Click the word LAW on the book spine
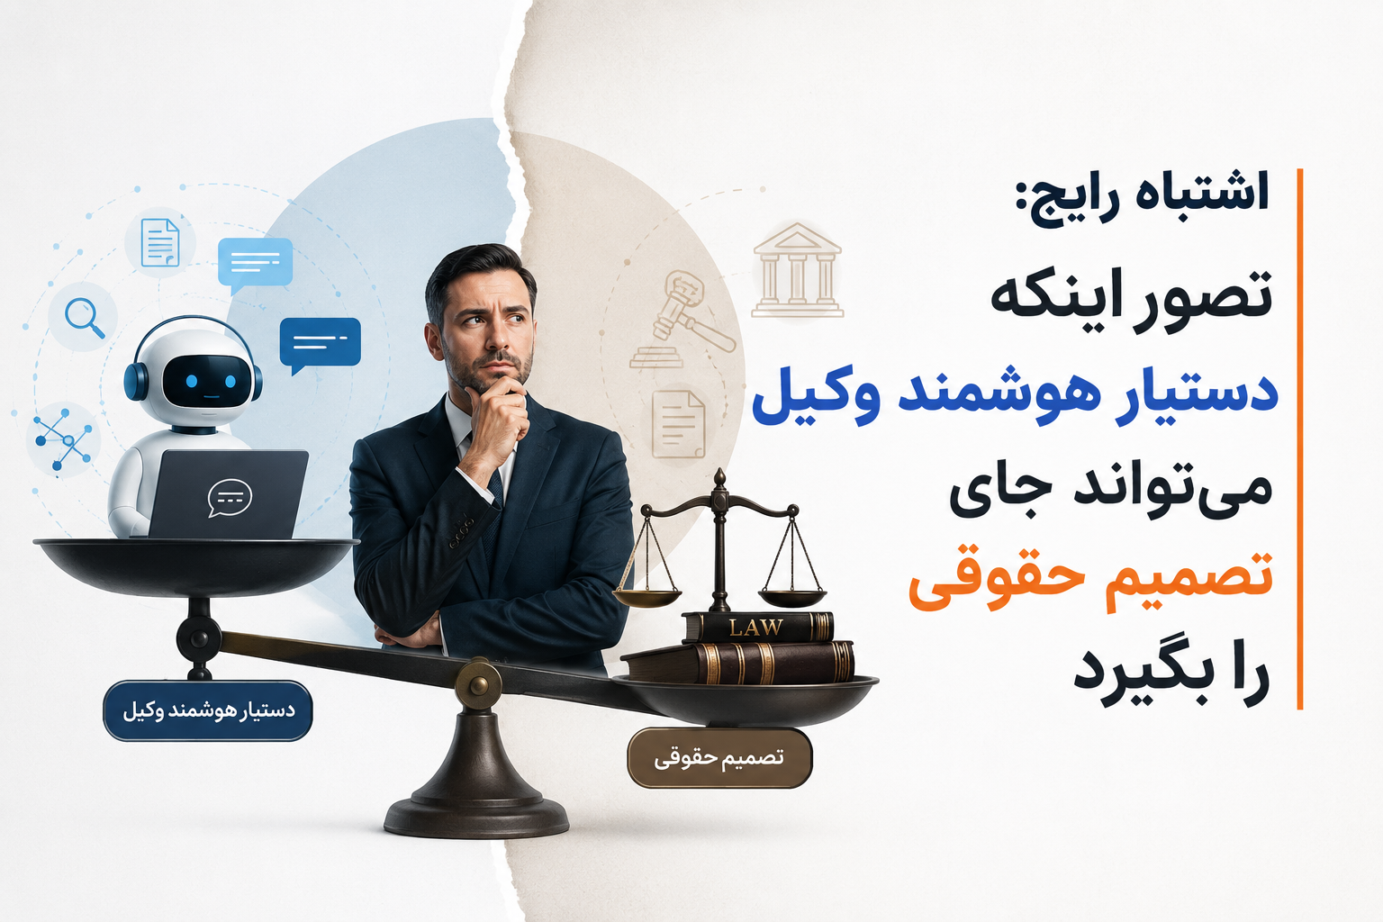coord(755,628)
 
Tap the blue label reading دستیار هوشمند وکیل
coord(208,710)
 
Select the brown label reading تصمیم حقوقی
coord(719,758)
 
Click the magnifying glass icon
coord(85,318)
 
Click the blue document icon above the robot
coord(160,243)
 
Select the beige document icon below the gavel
coord(679,424)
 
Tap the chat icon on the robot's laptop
coord(230,498)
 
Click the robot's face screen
coord(208,382)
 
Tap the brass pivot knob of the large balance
coord(478,683)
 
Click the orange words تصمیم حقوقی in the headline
coord(1090,577)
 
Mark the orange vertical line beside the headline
coord(1299,439)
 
